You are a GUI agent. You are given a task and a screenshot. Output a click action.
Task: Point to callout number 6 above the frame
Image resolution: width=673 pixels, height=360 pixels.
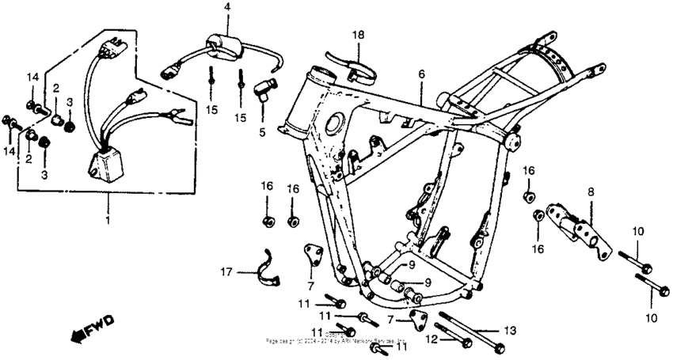click(x=421, y=74)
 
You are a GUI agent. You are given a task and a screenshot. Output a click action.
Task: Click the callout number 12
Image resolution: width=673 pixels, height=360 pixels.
click(x=432, y=339)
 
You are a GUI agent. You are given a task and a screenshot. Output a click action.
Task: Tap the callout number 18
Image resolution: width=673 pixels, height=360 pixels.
click(x=358, y=36)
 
